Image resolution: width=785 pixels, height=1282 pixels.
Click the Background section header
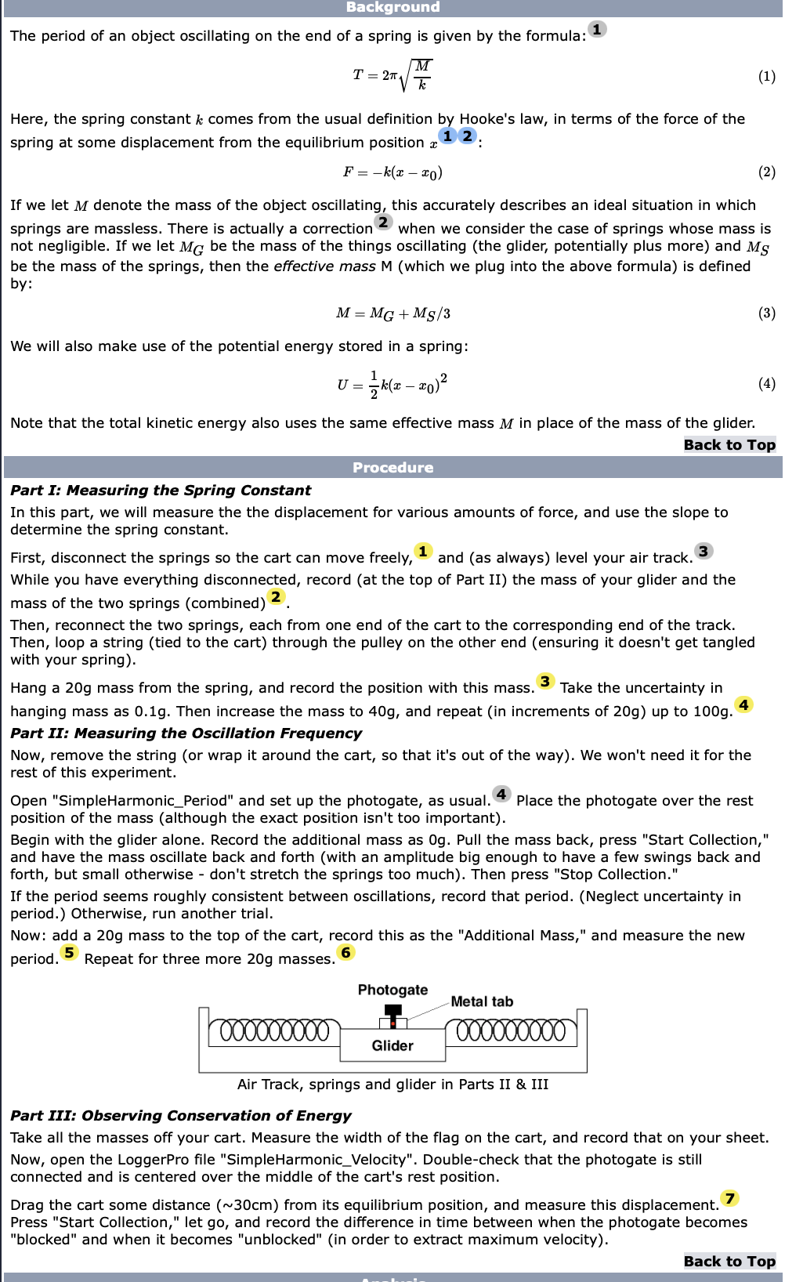392,7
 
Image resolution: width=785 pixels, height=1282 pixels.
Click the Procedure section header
392,467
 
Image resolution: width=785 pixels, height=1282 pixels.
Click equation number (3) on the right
766,313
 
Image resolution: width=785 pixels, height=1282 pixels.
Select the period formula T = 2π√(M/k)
392,75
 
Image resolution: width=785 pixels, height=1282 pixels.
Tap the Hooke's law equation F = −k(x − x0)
392,172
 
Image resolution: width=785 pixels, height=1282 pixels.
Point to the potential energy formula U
392,384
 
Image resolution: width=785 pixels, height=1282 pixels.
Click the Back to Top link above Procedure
729,444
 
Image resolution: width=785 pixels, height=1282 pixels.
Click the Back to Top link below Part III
729,1261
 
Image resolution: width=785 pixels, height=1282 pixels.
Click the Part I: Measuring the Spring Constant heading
161,490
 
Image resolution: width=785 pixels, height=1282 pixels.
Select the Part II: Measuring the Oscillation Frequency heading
186,733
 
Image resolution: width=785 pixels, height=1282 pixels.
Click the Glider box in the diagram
392,1045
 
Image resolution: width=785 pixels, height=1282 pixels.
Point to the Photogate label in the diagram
392,990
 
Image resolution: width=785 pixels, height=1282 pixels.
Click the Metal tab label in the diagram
482,1001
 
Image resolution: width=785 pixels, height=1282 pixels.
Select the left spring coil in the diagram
274,1030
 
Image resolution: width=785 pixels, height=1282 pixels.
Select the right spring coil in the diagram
511,1030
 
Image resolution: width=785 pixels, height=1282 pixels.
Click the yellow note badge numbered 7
730,1198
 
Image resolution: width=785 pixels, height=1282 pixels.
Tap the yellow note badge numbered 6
346,952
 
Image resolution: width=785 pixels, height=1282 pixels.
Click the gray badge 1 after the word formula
597,29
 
